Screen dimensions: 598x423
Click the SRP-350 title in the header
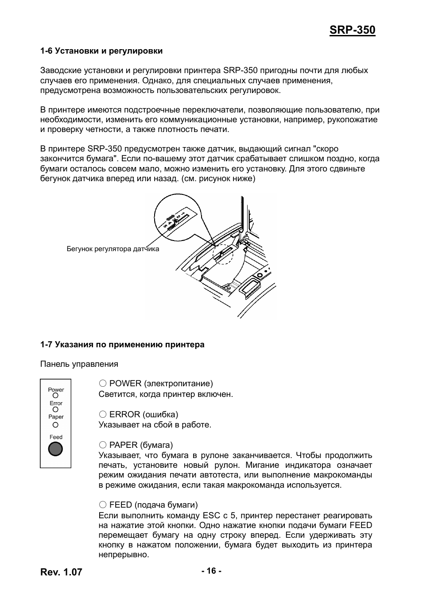(352, 30)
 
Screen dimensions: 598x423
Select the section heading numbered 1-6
(101, 51)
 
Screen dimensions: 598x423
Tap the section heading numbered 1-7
(122, 345)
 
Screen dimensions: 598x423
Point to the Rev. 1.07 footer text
(61, 572)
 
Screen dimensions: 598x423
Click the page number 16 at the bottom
(211, 571)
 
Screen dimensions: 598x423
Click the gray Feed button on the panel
(55, 449)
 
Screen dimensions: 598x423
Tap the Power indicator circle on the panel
(55, 396)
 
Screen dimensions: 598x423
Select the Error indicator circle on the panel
(55, 409)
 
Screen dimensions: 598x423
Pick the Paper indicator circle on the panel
(55, 424)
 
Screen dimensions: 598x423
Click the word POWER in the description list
(125, 384)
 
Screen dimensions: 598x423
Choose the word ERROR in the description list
(125, 415)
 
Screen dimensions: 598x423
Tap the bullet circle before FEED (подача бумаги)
(103, 505)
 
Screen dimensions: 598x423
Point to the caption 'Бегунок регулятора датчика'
(113, 249)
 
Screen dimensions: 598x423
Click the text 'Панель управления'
(79, 364)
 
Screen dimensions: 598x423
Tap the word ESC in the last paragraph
(211, 516)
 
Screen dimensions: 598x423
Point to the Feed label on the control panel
(56, 437)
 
